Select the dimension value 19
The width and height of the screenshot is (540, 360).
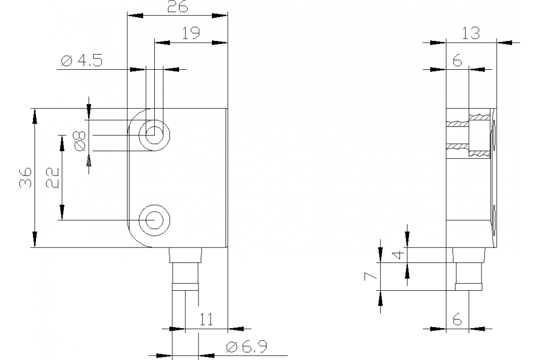191,34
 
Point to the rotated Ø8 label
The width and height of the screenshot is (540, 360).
79,141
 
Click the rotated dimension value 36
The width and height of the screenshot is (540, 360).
25,178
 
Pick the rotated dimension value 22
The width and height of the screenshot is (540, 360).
52,178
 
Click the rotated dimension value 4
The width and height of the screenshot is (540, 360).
396,255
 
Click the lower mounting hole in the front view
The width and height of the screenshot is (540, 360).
154,220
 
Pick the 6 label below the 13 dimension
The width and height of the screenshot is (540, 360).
457,61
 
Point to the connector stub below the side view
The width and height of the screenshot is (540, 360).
468,272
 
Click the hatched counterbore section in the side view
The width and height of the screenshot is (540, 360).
479,135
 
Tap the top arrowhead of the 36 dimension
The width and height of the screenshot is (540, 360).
35,116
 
